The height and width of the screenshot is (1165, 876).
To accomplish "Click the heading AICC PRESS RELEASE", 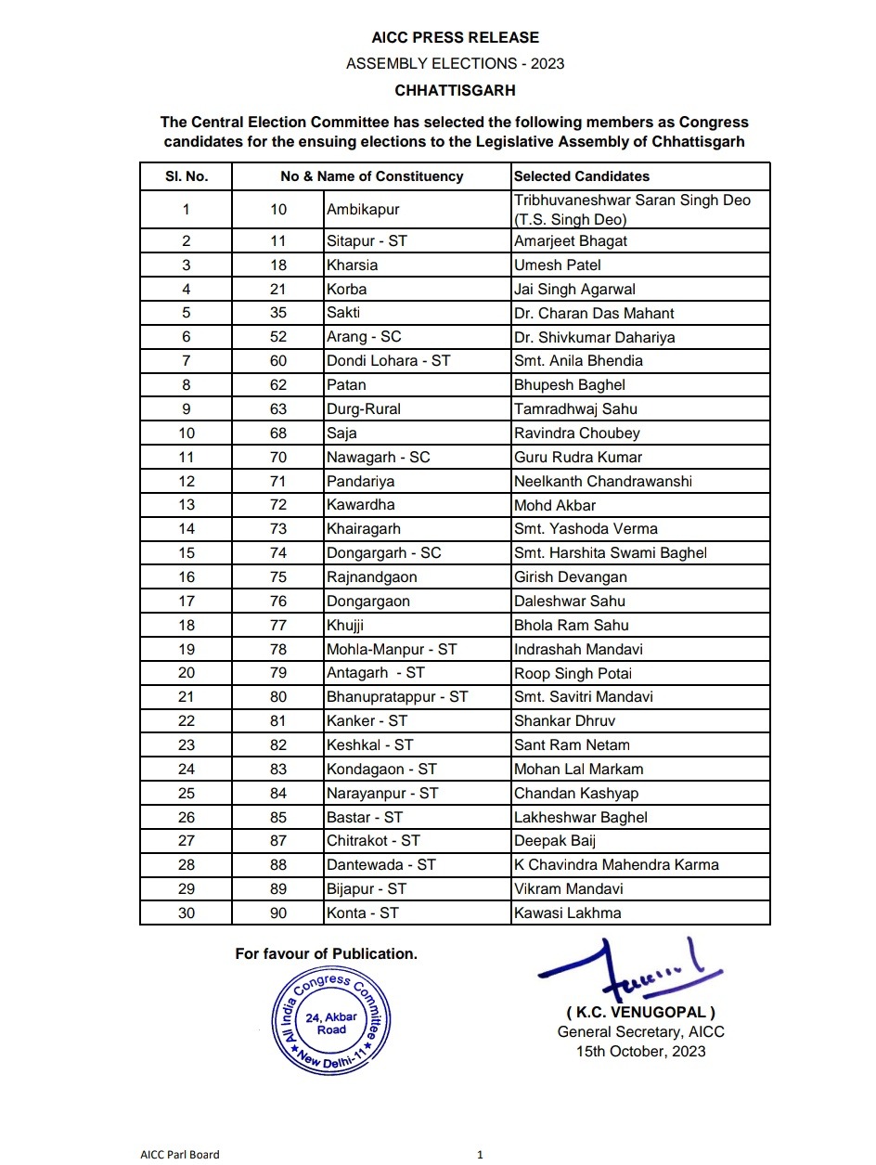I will (455, 38).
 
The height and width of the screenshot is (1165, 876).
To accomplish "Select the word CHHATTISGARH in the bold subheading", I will (455, 91).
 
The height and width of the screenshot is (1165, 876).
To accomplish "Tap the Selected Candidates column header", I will (582, 176).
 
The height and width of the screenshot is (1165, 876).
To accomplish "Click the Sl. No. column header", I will (187, 176).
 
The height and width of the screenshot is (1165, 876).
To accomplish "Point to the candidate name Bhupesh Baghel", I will (570, 384).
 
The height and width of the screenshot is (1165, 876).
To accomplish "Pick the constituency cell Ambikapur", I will (363, 210).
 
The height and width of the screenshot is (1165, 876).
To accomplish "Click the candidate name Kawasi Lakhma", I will (568, 913).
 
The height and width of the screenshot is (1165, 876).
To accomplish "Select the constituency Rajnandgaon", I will (371, 576).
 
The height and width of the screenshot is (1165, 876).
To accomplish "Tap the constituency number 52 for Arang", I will (278, 337).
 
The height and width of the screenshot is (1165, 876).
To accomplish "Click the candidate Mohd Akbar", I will (555, 505).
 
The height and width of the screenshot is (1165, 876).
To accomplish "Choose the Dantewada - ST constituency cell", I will (380, 864).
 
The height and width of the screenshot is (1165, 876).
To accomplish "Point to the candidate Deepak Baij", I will (555, 840).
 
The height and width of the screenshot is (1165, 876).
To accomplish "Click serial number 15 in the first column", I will (187, 553).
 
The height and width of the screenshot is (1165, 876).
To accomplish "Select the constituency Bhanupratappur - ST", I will (397, 696).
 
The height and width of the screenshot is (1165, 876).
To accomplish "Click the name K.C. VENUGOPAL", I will (640, 1012).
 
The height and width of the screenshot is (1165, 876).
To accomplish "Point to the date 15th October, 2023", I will (640, 1052).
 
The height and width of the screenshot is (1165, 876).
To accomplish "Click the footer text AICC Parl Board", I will (180, 1155).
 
